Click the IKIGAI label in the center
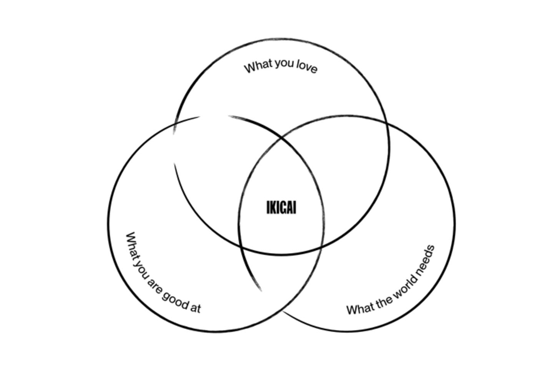281,207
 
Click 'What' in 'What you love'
258,66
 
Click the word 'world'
401,290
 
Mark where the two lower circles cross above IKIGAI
282,137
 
